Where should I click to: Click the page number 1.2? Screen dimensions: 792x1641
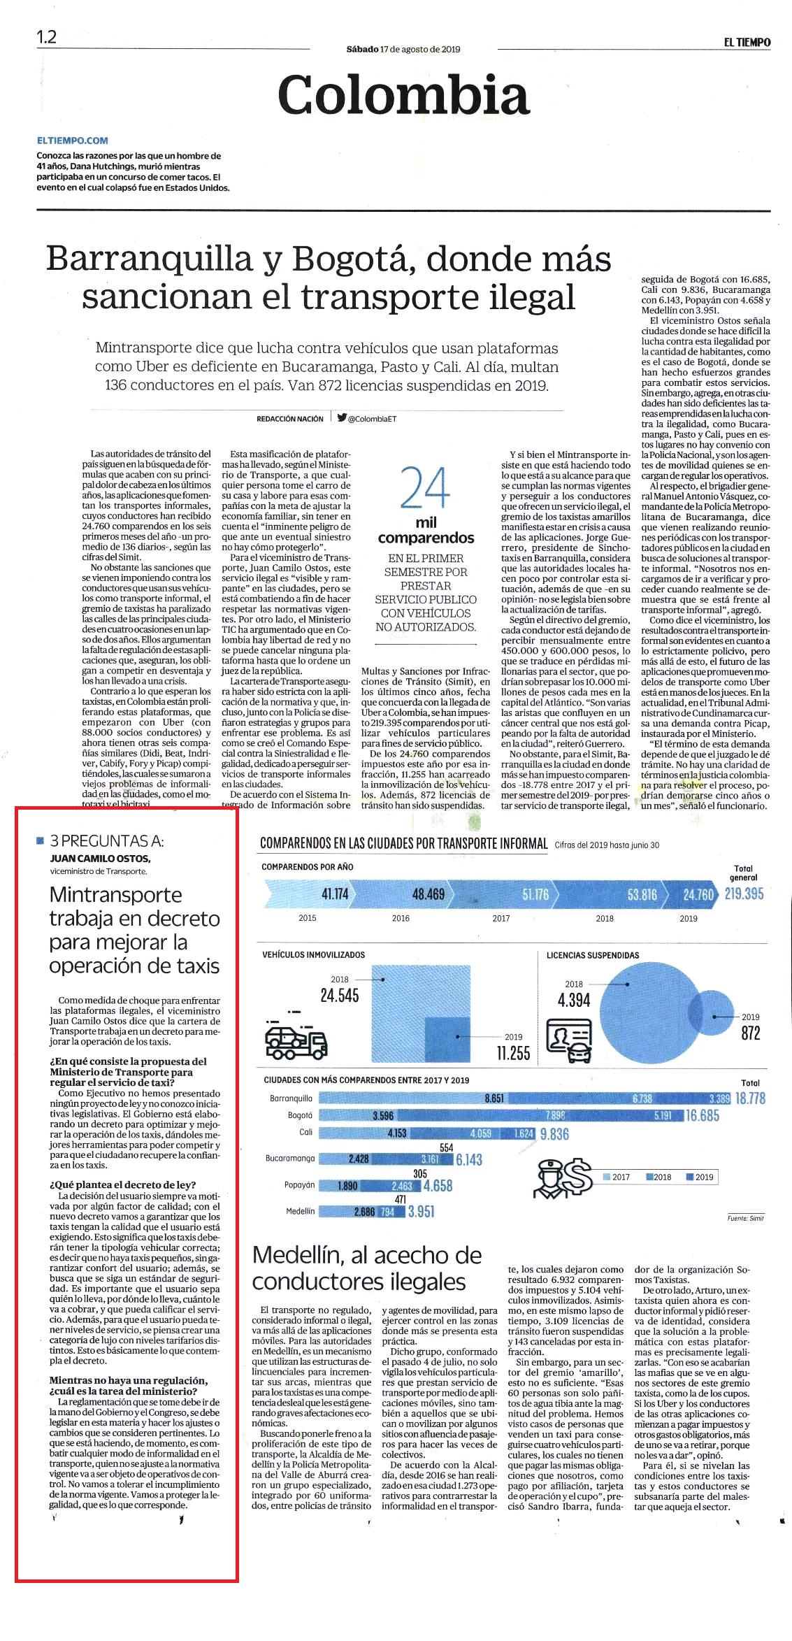click(47, 37)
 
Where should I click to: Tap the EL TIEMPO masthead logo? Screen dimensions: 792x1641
click(747, 42)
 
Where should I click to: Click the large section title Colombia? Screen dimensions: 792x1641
click(404, 95)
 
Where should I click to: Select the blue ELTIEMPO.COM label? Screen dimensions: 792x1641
click(73, 141)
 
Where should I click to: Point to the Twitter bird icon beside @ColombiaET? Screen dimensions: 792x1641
click(342, 418)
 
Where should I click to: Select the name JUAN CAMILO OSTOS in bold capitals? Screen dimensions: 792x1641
click(100, 859)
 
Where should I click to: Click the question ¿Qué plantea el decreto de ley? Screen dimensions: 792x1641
click(123, 1184)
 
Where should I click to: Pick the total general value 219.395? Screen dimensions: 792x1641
click(744, 894)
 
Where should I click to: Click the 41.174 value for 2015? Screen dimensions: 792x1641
click(335, 894)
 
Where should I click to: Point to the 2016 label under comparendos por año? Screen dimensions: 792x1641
click(401, 918)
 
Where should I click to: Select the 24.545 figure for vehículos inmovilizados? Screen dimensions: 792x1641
click(340, 996)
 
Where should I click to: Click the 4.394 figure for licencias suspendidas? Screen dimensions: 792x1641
click(574, 1001)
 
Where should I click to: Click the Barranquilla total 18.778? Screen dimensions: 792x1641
click(750, 1098)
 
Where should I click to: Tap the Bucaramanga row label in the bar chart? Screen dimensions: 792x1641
click(289, 1159)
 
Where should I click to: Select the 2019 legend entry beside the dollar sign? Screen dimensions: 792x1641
click(700, 1177)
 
